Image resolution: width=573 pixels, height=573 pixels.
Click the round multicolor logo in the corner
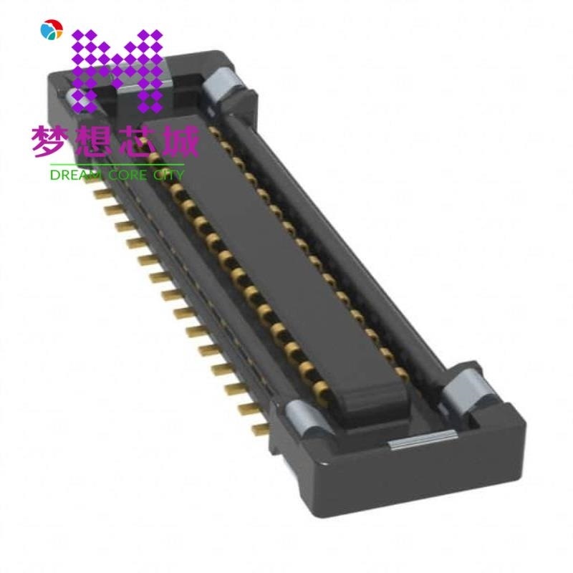click(52, 29)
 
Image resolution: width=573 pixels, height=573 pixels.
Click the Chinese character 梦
click(49, 141)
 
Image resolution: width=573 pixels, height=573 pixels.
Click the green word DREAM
click(74, 174)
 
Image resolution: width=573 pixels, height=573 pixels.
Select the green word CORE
click(126, 174)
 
